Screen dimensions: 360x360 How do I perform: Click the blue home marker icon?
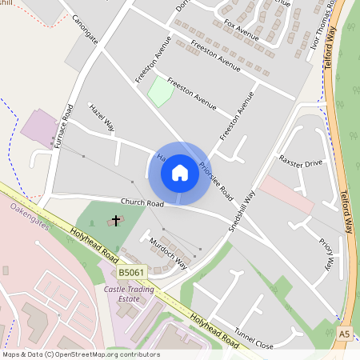click(x=180, y=173)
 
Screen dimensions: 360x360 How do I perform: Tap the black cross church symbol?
click(x=116, y=219)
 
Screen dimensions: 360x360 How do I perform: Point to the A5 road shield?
click(x=344, y=333)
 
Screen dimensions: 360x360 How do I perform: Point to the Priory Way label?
click(x=326, y=254)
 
